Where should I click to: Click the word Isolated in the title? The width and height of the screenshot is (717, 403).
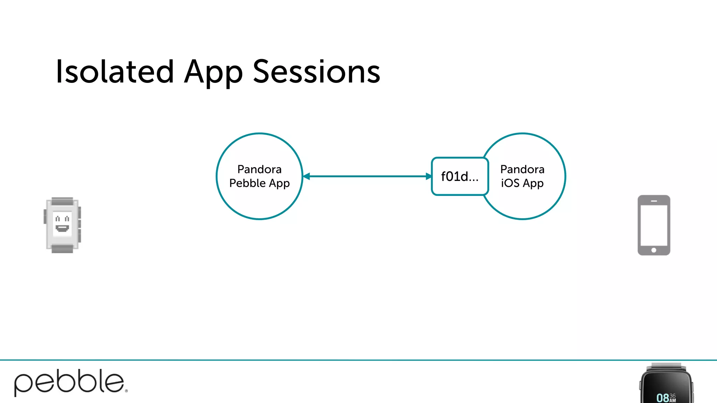114,72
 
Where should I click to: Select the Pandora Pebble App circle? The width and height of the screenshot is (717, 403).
259,203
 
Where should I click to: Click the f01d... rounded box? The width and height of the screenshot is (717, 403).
460,176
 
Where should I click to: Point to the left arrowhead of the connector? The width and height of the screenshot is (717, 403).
307,176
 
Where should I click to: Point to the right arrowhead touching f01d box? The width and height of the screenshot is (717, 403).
428,176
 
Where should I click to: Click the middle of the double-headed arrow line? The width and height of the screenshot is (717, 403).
368,176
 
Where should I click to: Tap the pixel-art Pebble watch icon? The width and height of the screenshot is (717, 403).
62,225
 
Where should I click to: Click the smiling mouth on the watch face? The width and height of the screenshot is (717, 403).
62,228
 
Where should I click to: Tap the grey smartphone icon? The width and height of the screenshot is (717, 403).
654,225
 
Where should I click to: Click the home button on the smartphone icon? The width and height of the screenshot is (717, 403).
654,250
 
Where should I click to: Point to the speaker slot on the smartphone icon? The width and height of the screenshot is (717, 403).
654,201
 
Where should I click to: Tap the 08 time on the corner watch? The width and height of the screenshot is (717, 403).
662,398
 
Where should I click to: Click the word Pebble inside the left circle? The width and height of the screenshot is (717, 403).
247,183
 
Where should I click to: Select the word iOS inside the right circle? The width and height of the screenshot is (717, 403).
510,183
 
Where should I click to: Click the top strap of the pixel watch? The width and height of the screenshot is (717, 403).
62,201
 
